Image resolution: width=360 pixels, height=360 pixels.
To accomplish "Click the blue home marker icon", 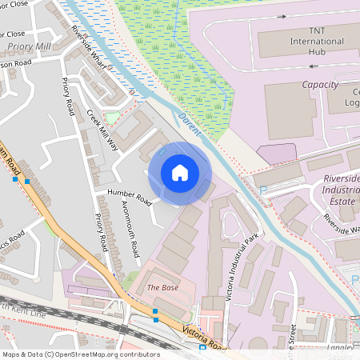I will point(180,172).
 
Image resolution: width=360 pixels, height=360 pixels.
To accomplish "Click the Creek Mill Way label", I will point(102,130).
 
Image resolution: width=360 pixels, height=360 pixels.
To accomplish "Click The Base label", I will point(162,286).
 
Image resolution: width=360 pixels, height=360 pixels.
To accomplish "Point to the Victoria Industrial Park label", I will point(242,269).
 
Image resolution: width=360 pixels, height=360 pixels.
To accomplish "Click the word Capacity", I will point(320,84).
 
